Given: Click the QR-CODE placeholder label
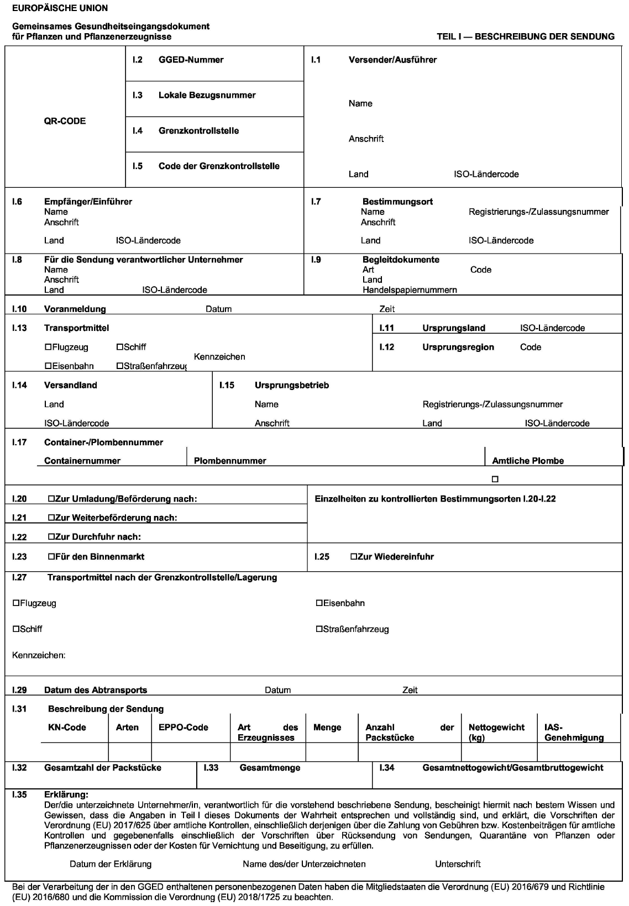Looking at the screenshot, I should [65, 121].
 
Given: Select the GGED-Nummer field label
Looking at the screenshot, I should [191, 60].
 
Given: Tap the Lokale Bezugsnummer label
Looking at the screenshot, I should [207, 95].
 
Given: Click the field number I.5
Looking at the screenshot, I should [137, 166].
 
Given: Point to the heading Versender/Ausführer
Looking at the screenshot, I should [392, 60].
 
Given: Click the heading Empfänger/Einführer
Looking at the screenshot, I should [88, 202].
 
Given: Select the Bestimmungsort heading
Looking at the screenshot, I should [397, 202].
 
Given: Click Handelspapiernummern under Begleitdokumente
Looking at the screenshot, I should [410, 289].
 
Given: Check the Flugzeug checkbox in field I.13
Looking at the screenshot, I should [48, 347].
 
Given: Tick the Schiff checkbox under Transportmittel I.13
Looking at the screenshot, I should [120, 347].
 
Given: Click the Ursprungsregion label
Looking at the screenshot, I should [458, 347].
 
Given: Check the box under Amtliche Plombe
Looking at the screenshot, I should [495, 479].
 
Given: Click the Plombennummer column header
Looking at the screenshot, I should [230, 461].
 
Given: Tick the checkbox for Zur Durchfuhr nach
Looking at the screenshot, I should [51, 537].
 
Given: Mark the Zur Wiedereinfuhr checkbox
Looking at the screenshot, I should [354, 557].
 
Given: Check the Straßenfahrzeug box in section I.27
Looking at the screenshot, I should [319, 629].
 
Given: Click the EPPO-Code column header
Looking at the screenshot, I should [184, 728].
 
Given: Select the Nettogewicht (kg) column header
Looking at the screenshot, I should [496, 732].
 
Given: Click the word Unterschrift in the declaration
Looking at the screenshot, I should [458, 863].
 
